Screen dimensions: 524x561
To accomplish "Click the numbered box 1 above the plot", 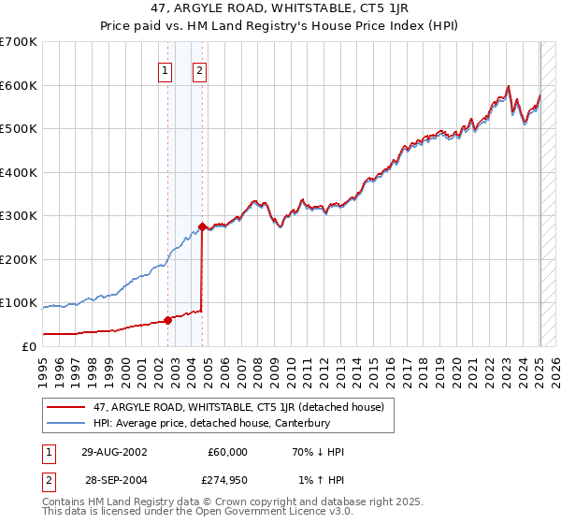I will [165, 68].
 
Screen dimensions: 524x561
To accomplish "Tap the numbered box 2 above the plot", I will [200, 68].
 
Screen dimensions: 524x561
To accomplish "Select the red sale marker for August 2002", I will [168, 320].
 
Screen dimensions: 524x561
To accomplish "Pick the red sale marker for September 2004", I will [203, 227].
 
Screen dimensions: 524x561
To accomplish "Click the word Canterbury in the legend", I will [299, 423].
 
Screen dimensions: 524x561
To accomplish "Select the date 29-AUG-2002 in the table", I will [113, 452].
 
